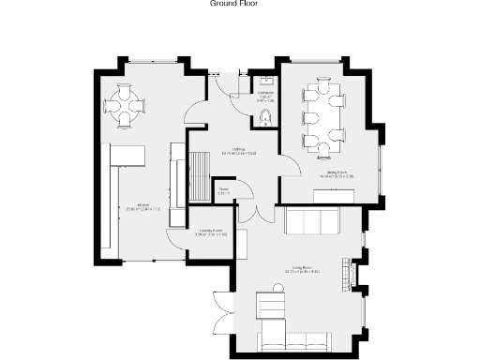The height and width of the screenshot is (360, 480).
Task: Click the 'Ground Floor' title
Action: [x=233, y=4]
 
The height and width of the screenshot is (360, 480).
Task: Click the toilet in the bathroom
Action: [x=266, y=116]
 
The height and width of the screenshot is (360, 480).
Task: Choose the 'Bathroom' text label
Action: [x=266, y=95]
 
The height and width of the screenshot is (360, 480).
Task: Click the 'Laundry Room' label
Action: [x=210, y=232]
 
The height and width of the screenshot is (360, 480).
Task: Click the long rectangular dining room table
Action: [x=324, y=116]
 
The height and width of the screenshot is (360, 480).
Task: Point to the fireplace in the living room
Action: [x=353, y=272]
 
